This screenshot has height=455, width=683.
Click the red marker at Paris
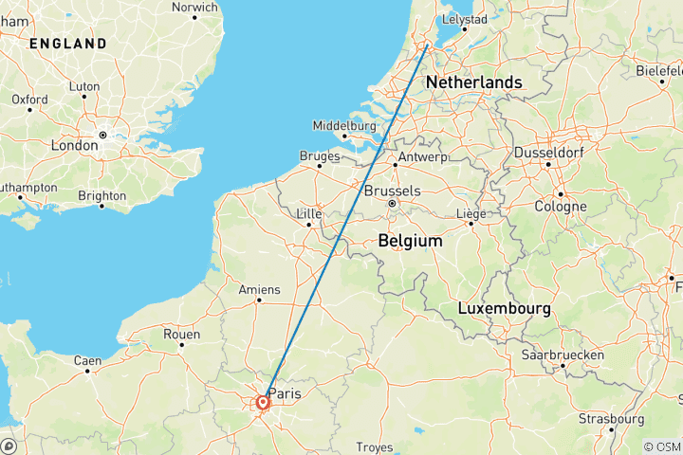[263, 403]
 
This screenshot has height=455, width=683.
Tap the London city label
[75, 146]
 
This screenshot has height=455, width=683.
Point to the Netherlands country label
[473, 82]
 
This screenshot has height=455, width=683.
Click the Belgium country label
[410, 242]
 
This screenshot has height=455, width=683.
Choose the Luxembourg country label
[505, 309]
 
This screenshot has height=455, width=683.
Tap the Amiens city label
[260, 289]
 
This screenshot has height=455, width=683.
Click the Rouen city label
[181, 334]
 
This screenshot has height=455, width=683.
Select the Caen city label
[87, 360]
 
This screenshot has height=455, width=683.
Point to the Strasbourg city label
[612, 418]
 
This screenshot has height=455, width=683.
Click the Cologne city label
[561, 207]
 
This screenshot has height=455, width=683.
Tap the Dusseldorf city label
[550, 153]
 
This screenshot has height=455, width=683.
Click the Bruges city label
[320, 156]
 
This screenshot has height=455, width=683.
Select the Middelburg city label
[345, 125]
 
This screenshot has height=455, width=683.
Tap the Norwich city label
[194, 8]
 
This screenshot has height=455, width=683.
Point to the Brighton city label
[102, 195]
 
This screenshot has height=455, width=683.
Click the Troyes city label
[374, 446]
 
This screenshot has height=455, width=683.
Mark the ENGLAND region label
[67, 44]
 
